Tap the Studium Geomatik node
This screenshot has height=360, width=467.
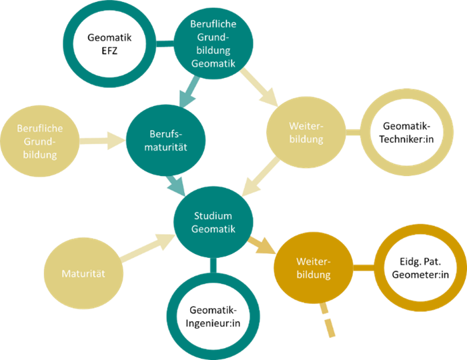point(213,223)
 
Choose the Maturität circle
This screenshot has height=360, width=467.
point(83,273)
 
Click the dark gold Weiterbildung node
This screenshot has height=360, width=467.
point(313,267)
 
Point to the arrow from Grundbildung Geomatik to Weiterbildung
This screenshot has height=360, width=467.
point(260,87)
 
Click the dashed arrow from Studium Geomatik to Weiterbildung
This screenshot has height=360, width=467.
point(263,245)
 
